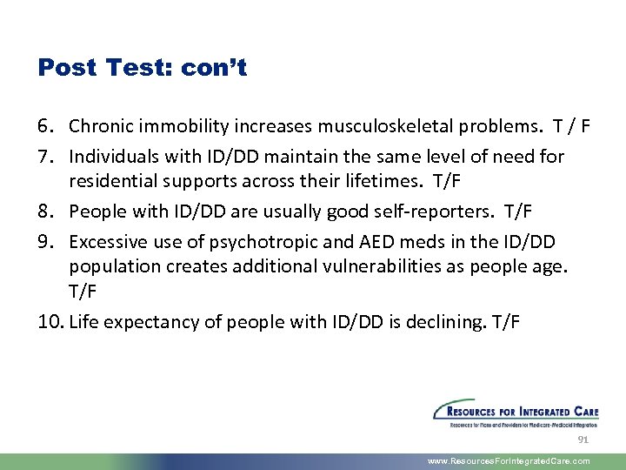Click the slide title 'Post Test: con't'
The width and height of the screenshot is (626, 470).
click(x=143, y=68)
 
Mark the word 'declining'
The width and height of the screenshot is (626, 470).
click(x=443, y=322)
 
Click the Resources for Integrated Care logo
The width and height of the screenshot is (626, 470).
click(x=516, y=413)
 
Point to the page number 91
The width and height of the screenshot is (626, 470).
click(x=583, y=440)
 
